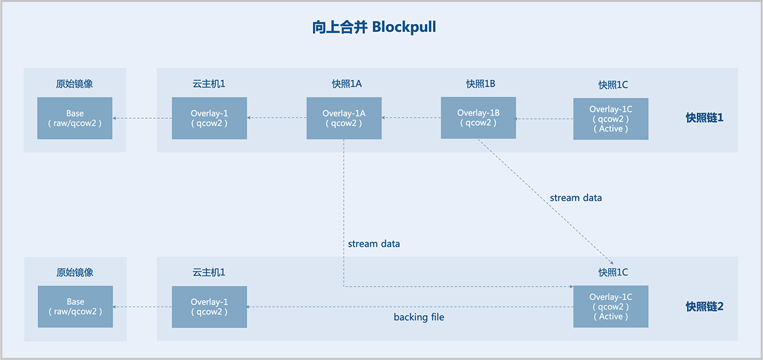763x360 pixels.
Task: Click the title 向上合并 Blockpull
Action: coord(374,27)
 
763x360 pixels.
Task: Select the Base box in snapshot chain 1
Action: coord(75,118)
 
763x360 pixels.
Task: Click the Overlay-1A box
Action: coord(344,118)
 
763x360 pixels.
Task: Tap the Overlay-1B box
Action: coord(478,118)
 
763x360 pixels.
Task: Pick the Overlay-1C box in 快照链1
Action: coord(610,119)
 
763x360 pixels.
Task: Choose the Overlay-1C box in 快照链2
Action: coord(610,307)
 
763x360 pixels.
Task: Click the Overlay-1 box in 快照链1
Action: coord(209,118)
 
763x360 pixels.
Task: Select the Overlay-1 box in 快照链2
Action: coord(209,307)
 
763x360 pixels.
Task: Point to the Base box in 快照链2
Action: coord(75,307)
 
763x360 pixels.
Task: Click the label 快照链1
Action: coord(705,118)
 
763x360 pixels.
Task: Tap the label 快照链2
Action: coord(705,307)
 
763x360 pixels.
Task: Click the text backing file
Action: coord(418,317)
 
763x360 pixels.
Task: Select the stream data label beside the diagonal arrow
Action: coord(575,198)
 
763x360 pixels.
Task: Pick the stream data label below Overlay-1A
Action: coord(374,244)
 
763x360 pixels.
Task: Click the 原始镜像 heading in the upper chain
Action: coord(75,83)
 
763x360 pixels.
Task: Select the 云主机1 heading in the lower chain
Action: coord(209,272)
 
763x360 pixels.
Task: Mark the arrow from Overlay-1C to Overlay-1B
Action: coord(544,118)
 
